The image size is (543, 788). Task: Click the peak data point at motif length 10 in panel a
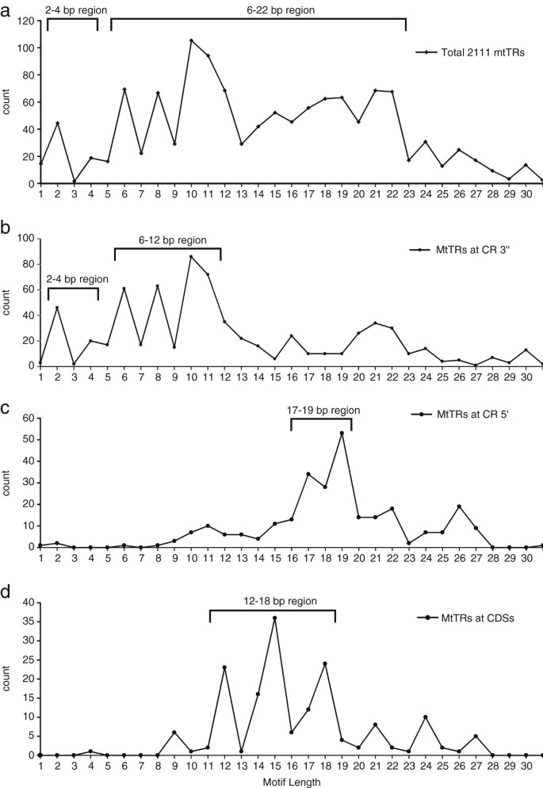pyautogui.click(x=191, y=40)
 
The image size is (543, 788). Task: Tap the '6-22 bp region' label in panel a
pyautogui.click(x=258, y=10)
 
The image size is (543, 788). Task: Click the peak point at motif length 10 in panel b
pyautogui.click(x=191, y=256)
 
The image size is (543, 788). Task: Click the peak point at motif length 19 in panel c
pyautogui.click(x=342, y=434)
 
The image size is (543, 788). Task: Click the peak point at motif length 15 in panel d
pyautogui.click(x=274, y=618)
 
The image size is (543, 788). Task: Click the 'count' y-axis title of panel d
pyautogui.click(x=7, y=681)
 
